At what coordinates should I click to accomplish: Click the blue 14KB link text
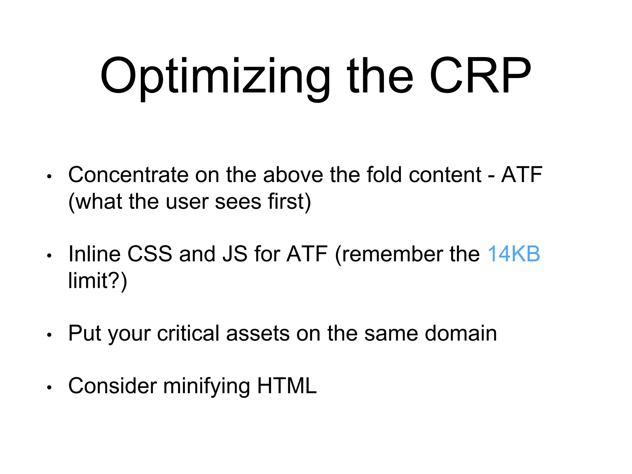[513, 254]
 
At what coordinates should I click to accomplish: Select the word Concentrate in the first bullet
[128, 175]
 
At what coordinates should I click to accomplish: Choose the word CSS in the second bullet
[150, 254]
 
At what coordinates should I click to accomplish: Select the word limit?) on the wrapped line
[98, 281]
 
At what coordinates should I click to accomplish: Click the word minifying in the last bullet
[206, 386]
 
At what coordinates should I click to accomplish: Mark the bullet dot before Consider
[49, 388]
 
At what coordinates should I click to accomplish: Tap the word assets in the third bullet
[258, 333]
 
